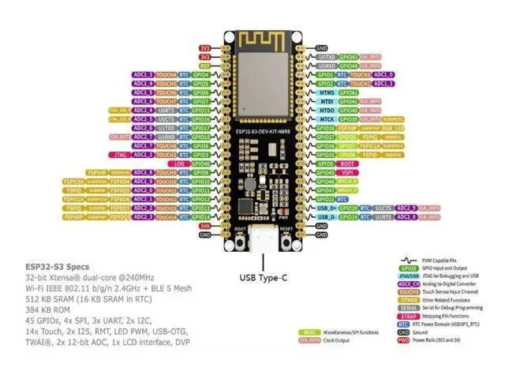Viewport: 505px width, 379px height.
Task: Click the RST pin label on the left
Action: (x=205, y=66)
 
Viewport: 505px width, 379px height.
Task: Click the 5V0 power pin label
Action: (x=205, y=226)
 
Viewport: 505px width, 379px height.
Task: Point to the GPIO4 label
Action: (x=200, y=74)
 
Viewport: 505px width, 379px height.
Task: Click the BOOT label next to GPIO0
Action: (x=348, y=163)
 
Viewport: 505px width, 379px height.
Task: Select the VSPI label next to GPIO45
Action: (x=348, y=172)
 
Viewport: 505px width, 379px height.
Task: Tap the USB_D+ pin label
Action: (x=326, y=208)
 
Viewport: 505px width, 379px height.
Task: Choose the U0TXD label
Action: (x=326, y=57)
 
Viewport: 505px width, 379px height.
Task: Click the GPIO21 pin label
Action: (x=326, y=199)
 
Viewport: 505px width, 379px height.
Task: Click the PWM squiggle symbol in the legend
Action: (x=409, y=258)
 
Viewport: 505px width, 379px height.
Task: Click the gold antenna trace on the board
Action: (x=260, y=38)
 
